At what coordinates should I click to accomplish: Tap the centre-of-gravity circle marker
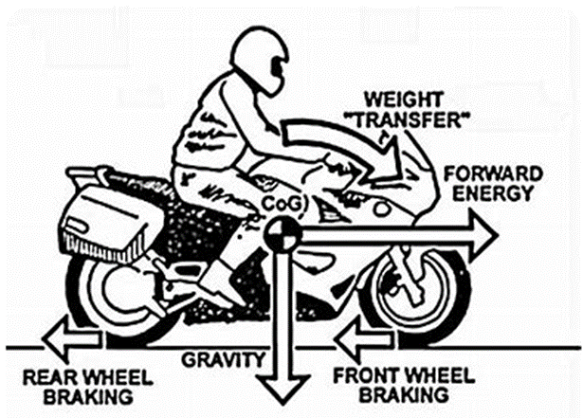tap(282, 235)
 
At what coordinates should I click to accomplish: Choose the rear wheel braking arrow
tap(71, 338)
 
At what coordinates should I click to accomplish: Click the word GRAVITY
tap(223, 359)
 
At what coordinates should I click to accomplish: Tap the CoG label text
tap(282, 203)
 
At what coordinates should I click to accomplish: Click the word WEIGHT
tap(404, 100)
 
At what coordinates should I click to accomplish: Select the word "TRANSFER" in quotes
tap(410, 119)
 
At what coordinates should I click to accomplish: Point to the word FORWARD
tap(493, 173)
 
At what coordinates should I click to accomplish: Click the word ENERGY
tap(493, 192)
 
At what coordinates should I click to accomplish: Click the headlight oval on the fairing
tap(382, 209)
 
